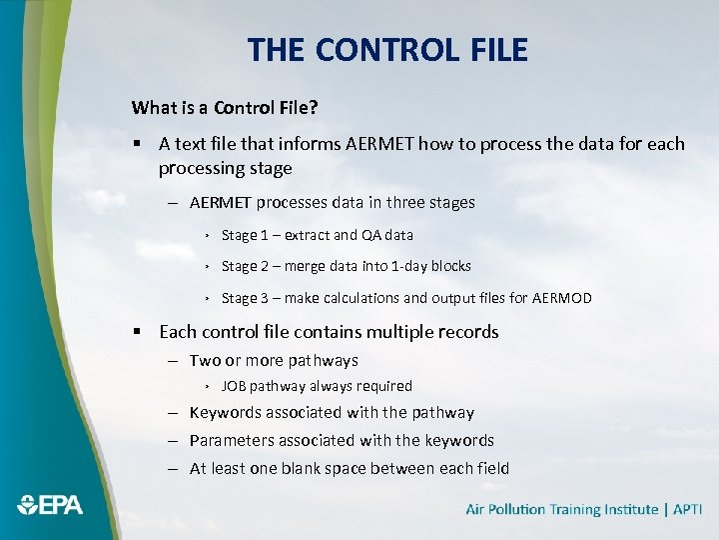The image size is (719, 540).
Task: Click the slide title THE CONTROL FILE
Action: coord(387,50)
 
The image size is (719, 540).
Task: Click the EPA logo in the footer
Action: coord(49,505)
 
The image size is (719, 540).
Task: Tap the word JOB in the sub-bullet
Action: coord(234,386)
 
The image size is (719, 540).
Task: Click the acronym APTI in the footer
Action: coord(688,510)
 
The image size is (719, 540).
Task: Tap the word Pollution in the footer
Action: coord(523,510)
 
